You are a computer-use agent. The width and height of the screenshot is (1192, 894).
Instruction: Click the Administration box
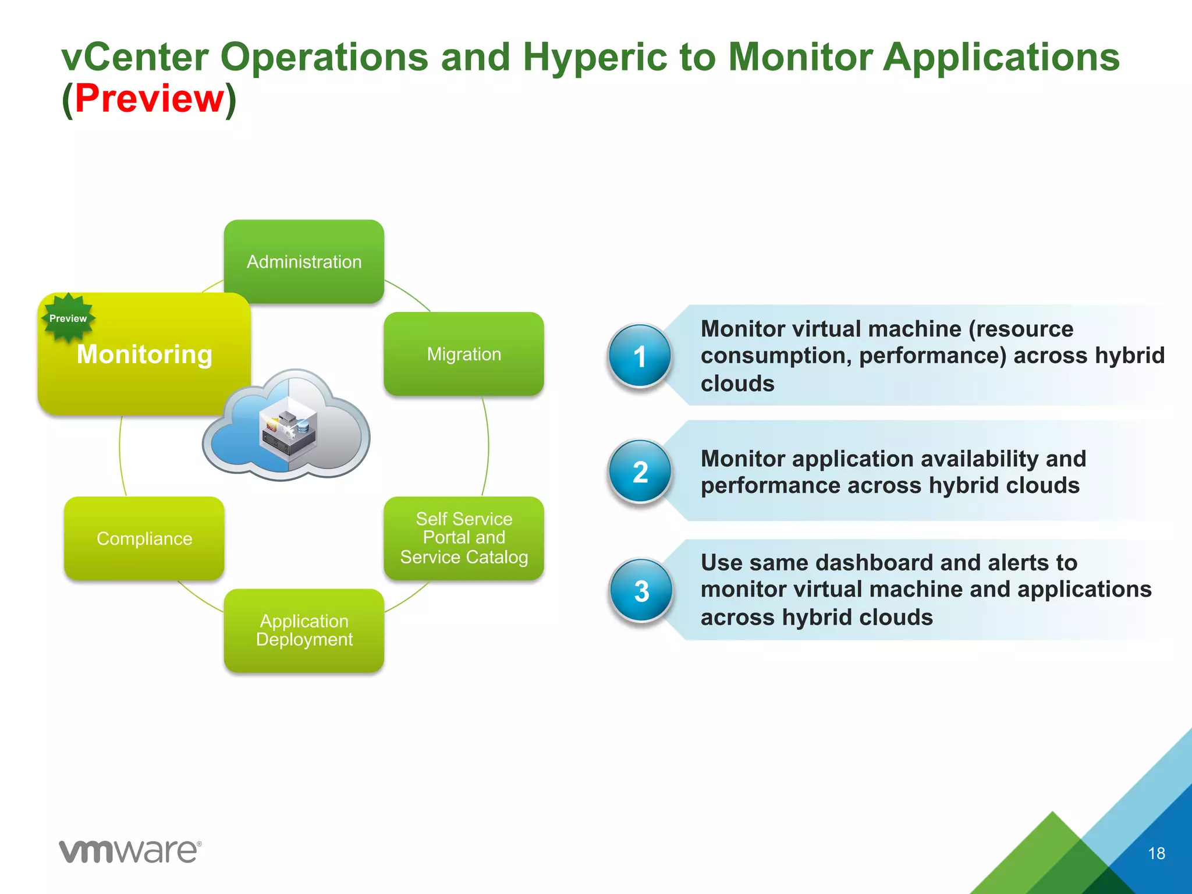pos(304,261)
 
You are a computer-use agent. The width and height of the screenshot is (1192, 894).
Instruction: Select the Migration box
pos(464,354)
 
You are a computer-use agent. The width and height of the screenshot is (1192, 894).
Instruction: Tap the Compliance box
pos(144,538)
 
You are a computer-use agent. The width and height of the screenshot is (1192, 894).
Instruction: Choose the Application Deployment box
pos(304,630)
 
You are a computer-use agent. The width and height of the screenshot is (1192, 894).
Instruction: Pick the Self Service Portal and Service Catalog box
pos(464,538)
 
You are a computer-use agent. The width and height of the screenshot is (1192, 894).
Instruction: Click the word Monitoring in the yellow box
pos(144,354)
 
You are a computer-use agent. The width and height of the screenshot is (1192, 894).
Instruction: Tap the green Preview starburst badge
pos(68,318)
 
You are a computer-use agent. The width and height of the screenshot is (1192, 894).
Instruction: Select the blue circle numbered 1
pos(640,356)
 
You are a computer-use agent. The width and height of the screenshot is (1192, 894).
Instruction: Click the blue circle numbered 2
pos(640,471)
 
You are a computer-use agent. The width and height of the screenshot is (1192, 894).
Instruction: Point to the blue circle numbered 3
pos(641,591)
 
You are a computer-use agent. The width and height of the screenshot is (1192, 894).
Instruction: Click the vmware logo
pos(130,852)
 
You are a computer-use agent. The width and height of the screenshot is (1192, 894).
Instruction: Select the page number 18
pos(1156,853)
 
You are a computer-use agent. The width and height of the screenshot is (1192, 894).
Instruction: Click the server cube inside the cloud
pos(288,431)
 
